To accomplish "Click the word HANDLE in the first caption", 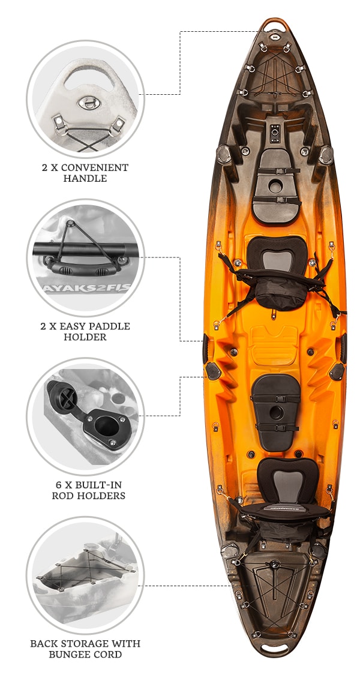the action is pyautogui.click(x=85, y=178).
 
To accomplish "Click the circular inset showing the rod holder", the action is pyautogui.click(x=85, y=416).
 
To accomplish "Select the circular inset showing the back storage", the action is pyautogui.click(x=85, y=575).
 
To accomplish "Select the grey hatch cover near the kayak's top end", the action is pyautogui.click(x=276, y=185).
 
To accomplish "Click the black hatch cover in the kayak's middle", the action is pyautogui.click(x=275, y=412).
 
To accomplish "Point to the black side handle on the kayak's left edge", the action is pyautogui.click(x=205, y=348).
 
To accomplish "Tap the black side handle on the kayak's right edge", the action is pyautogui.click(x=343, y=348).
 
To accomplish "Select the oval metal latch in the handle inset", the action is pyautogui.click(x=89, y=103).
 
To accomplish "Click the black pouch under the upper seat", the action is pyautogui.click(x=280, y=293).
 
